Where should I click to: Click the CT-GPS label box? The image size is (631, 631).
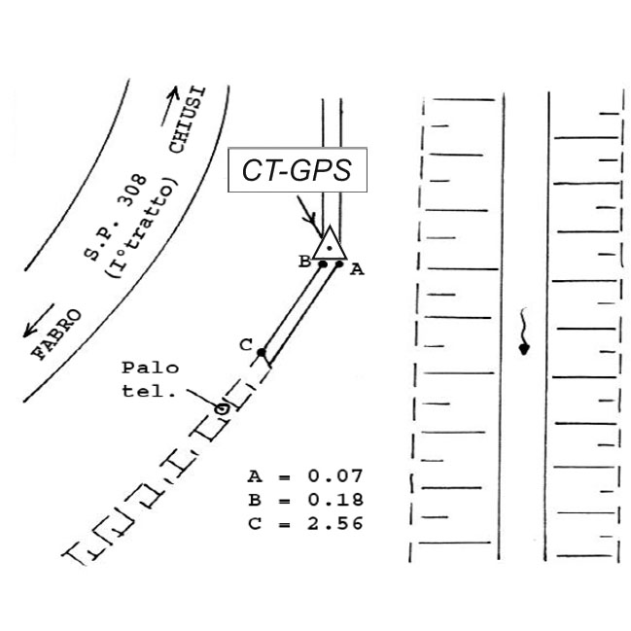(298, 170)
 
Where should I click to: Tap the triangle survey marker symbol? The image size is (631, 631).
(330, 243)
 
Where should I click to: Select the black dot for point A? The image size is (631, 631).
(339, 264)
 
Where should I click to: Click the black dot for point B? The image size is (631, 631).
(323, 264)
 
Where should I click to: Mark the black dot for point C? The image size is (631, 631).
(262, 353)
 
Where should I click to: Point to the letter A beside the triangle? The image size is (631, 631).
(357, 269)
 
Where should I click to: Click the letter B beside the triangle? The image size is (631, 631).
(304, 262)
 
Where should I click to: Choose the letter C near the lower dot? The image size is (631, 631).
(246, 345)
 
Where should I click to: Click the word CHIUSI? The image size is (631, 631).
(187, 120)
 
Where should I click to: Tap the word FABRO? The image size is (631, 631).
(56, 334)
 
